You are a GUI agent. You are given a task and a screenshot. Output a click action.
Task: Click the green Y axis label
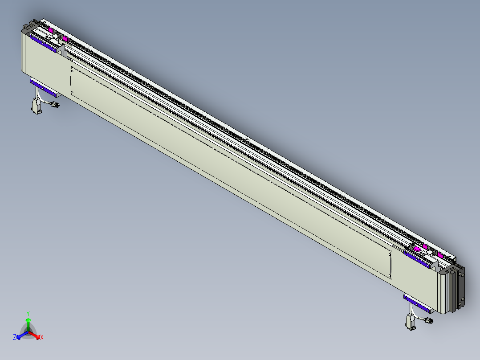(x=28, y=313)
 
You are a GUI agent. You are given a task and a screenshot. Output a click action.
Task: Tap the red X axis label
(x=42, y=338)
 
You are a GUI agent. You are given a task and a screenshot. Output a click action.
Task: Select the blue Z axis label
(x=15, y=337)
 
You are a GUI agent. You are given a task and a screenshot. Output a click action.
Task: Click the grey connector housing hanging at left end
(x=36, y=106)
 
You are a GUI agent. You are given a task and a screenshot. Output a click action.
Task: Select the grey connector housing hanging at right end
(x=410, y=322)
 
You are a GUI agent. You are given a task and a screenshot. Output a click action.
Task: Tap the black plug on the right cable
(x=429, y=321)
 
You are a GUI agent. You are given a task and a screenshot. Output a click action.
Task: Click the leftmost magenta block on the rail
(x=51, y=30)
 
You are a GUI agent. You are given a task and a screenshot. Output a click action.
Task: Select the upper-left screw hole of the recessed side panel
(x=73, y=70)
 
